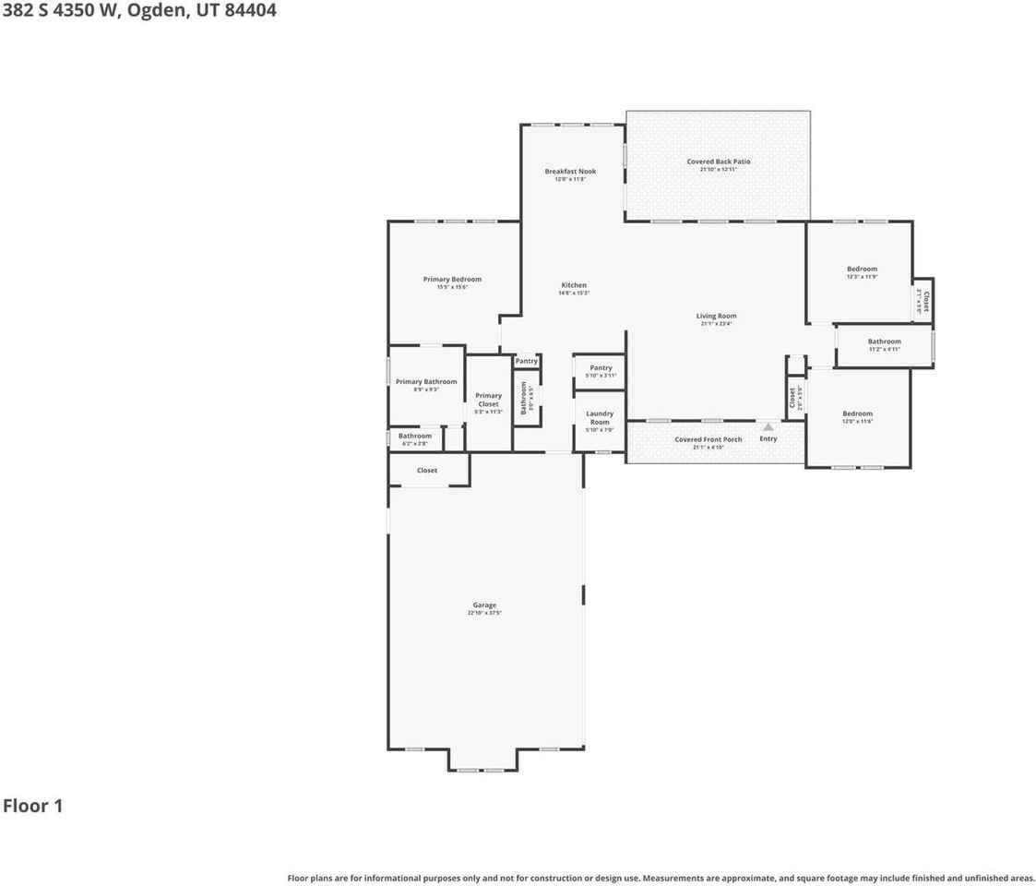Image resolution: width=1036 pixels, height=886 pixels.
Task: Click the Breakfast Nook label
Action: [570, 171]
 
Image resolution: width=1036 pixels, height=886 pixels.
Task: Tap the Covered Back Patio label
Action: [719, 162]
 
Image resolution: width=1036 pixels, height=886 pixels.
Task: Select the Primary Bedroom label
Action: [452, 279]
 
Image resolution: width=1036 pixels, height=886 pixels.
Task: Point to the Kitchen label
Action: [574, 285]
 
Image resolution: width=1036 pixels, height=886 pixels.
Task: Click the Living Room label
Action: [716, 316]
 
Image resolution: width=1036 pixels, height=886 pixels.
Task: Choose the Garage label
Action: [485, 605]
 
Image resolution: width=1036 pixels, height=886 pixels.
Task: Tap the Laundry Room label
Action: [600, 417]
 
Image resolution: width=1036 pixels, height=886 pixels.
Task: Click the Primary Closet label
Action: [488, 400]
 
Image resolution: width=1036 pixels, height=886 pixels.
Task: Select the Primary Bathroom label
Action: [426, 381]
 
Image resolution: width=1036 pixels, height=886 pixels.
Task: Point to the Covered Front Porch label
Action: [708, 439]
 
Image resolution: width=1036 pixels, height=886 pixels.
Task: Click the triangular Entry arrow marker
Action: [768, 427]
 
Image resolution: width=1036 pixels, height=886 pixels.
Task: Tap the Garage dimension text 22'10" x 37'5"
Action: [485, 613]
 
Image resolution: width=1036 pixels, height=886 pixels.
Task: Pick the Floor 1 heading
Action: [32, 806]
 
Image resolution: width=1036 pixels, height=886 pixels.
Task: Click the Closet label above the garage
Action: [427, 471]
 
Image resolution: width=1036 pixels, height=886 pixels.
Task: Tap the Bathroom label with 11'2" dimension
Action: [885, 341]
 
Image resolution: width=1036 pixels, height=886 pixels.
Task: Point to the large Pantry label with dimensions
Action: [601, 367]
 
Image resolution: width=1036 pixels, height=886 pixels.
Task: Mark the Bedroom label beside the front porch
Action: [858, 413]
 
